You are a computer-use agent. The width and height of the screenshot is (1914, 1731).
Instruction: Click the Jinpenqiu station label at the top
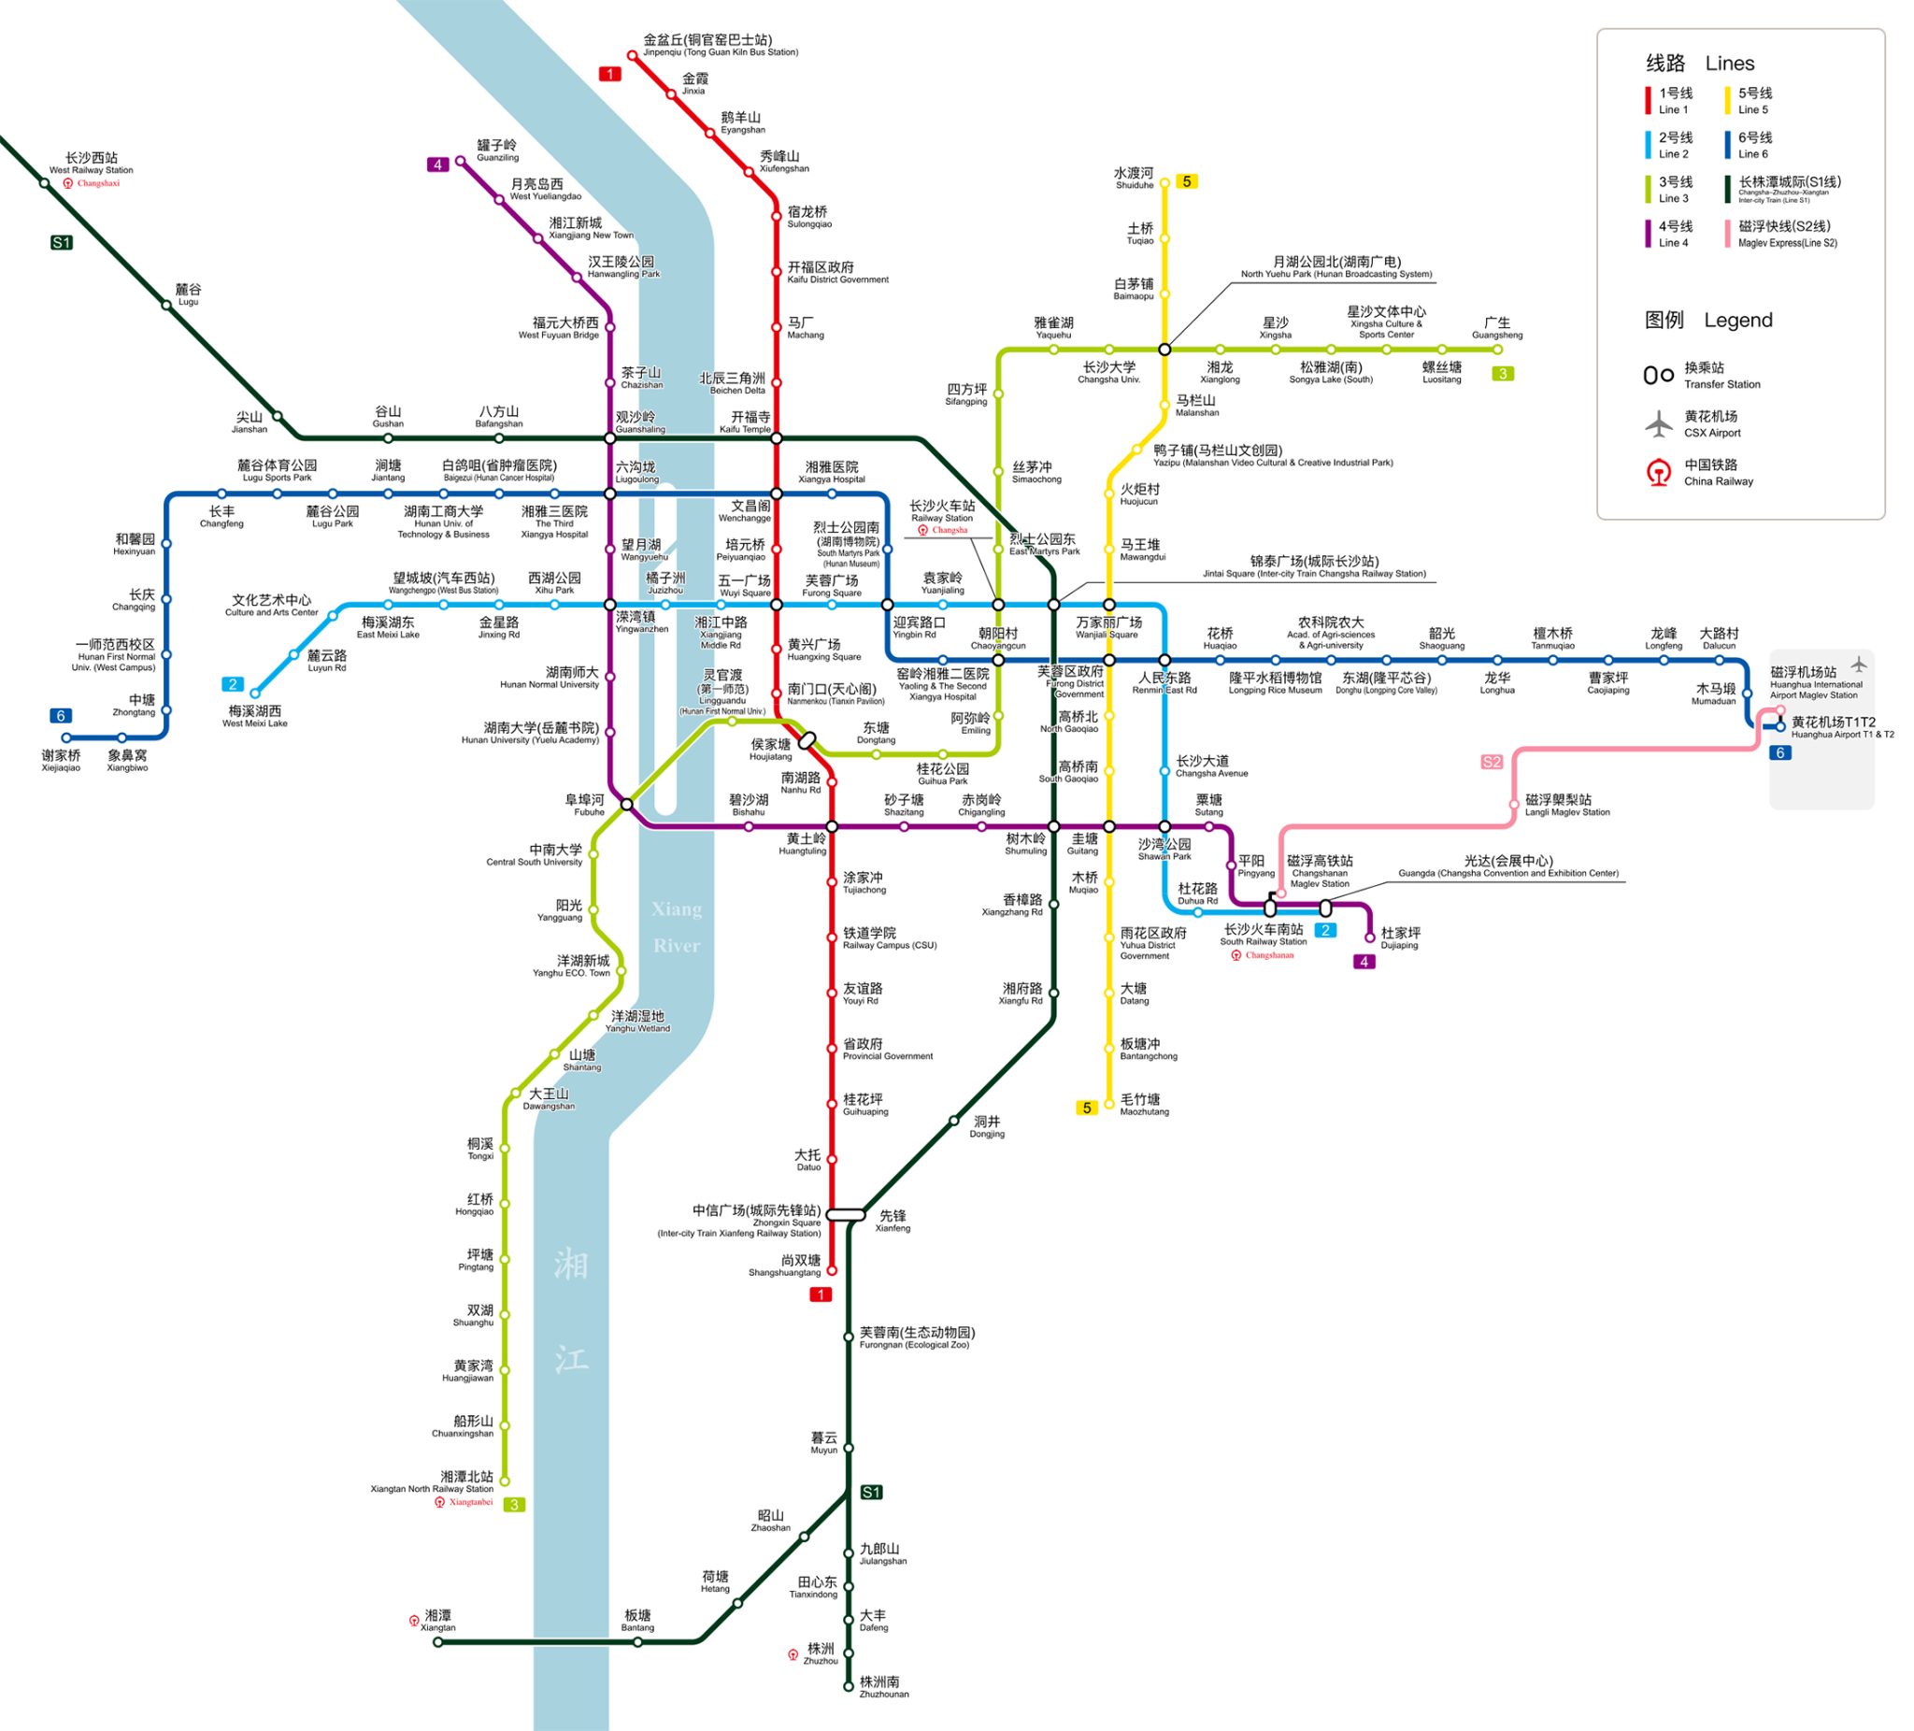click(x=719, y=45)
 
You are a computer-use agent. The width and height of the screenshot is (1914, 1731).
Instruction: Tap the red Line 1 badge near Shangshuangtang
click(x=821, y=1295)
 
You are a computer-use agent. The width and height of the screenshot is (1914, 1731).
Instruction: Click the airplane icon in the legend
click(x=1659, y=423)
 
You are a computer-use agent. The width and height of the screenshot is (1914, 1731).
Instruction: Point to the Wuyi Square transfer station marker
click(x=776, y=605)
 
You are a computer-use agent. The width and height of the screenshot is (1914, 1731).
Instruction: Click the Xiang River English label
click(x=676, y=927)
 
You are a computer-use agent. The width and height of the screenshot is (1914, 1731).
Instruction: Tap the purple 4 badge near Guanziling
click(x=437, y=165)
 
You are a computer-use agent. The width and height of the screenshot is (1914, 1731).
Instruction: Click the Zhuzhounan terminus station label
click(x=883, y=1686)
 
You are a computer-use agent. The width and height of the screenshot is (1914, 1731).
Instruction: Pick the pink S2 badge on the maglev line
click(x=1492, y=762)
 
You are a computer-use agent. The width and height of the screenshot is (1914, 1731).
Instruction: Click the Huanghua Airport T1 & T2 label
click(x=1842, y=727)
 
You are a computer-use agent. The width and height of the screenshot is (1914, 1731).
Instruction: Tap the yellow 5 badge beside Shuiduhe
click(x=1186, y=181)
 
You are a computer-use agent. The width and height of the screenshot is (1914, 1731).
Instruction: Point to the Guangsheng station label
click(x=1496, y=327)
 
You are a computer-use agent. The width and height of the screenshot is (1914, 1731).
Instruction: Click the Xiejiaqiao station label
click(x=61, y=760)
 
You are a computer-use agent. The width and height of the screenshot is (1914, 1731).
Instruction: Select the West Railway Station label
click(x=92, y=163)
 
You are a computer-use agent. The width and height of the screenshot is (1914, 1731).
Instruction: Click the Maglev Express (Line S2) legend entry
click(x=1786, y=233)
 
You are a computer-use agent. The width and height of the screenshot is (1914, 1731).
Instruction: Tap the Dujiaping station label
click(x=1399, y=937)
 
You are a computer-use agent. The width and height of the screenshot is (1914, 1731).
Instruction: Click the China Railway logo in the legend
click(x=1659, y=472)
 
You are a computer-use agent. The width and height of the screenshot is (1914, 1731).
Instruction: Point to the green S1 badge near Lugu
click(x=62, y=243)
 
